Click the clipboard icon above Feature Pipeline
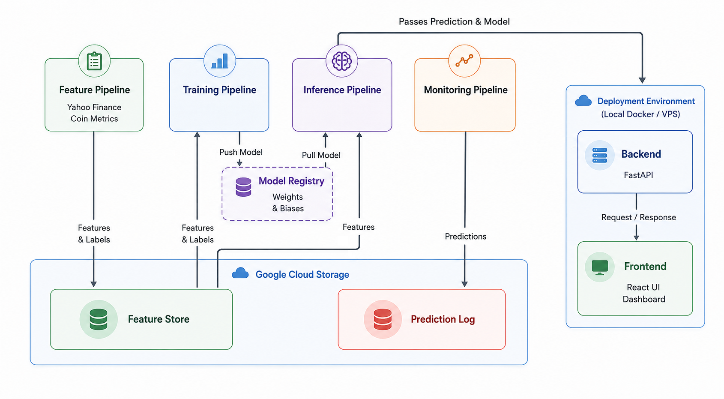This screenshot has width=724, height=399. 94,61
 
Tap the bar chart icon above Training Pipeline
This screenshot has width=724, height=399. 220,61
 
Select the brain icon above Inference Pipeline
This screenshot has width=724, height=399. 341,61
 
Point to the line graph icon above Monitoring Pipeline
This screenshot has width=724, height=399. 464,60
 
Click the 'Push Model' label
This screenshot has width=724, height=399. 241,152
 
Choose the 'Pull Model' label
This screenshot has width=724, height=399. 321,155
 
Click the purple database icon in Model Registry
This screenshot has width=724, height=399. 243,187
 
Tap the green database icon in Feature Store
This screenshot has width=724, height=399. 98,319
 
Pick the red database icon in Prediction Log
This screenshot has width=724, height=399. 383,319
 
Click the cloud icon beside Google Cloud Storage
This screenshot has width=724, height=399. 240,273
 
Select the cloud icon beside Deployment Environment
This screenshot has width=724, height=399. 583,101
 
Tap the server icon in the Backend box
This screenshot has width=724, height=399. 600,155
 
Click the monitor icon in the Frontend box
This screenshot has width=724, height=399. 600,267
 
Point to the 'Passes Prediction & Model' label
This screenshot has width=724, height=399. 454,22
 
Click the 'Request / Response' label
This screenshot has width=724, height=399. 638,217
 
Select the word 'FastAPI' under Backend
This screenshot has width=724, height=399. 638,175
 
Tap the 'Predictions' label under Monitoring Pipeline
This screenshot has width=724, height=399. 465,237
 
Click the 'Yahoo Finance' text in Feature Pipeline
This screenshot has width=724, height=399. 94,107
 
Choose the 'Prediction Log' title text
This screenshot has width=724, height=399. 443,319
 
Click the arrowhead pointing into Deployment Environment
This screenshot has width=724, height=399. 642,80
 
